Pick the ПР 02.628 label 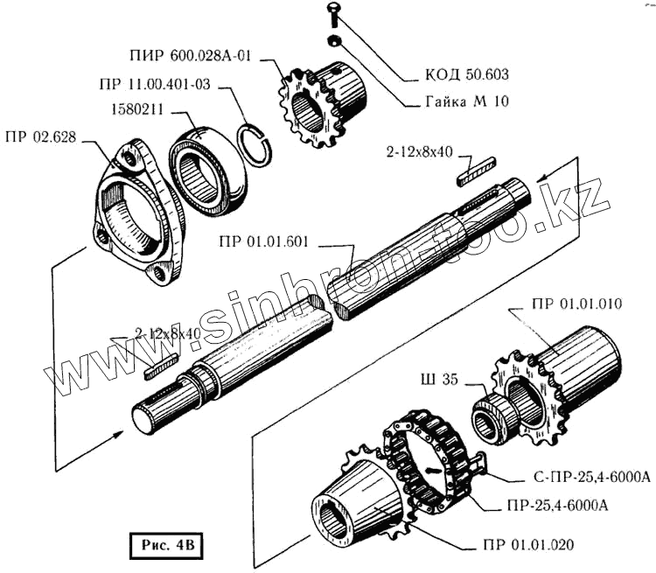coord(42,136)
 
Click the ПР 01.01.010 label coord(576,305)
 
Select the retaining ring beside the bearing coord(256,143)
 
